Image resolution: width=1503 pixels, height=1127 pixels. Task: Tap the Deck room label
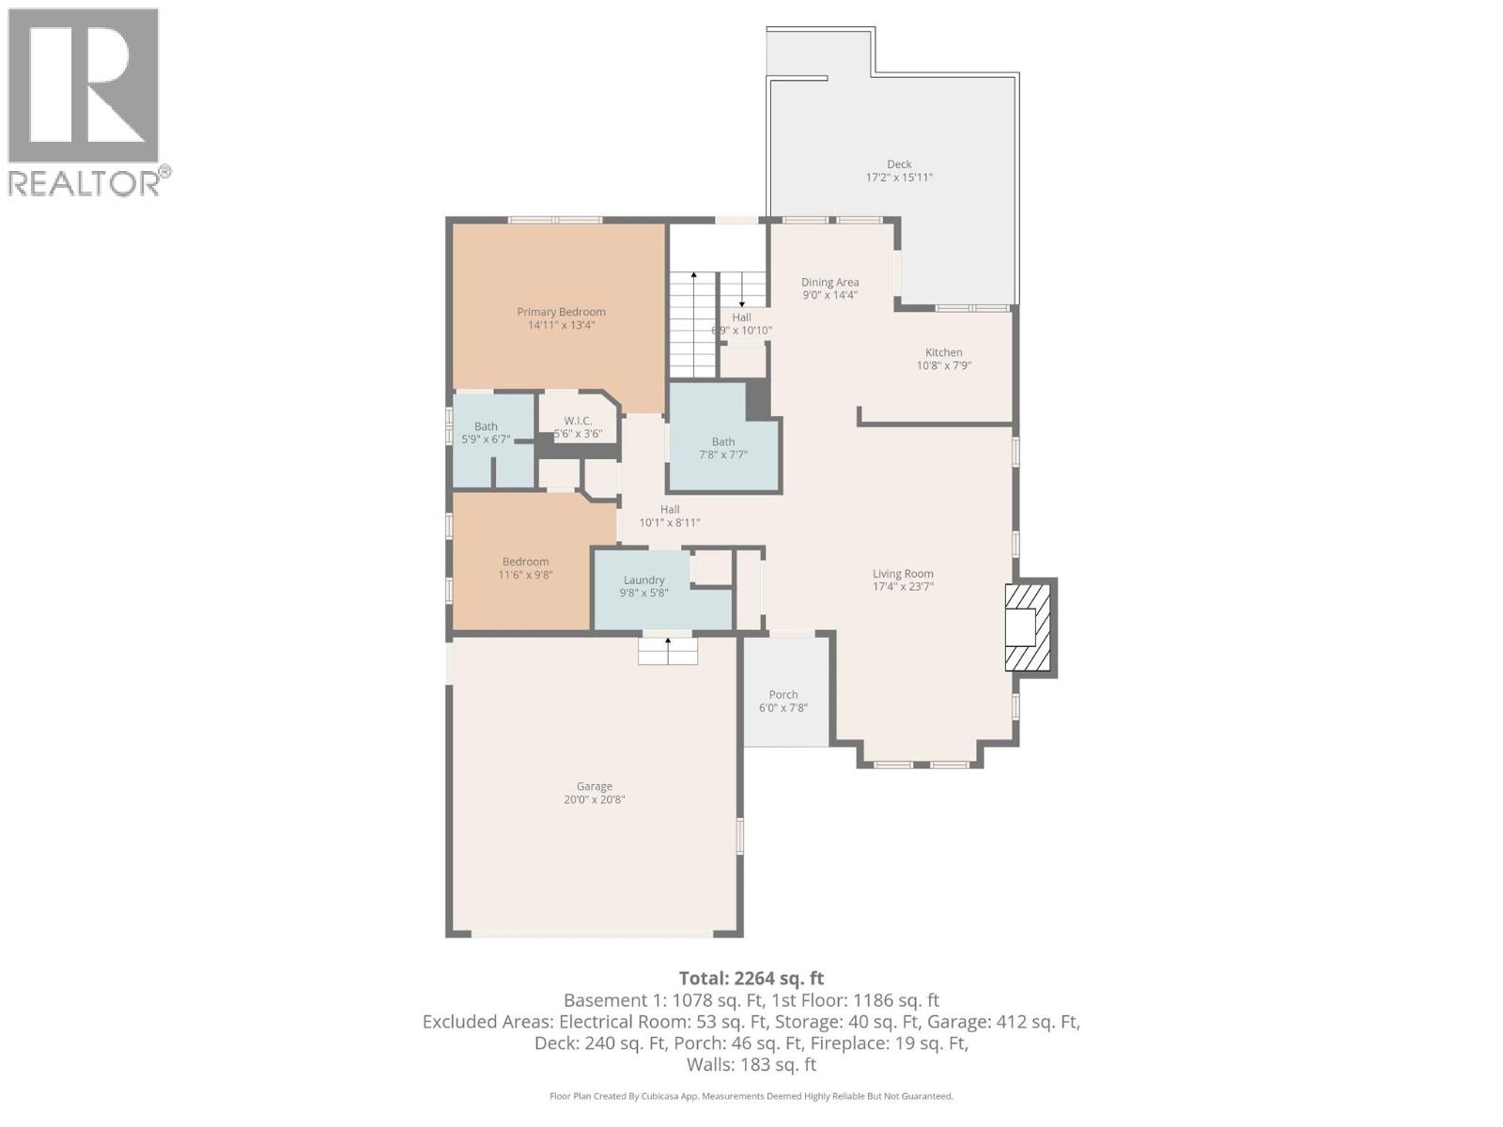pyautogui.click(x=899, y=164)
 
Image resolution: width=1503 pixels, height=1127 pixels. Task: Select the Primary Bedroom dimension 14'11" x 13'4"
pyautogui.click(x=561, y=325)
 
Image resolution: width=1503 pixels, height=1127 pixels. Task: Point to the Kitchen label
pyautogui.click(x=943, y=352)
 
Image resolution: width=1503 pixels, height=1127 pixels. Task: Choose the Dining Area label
pyautogui.click(x=829, y=282)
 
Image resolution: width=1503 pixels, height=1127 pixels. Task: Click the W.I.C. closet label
pyautogui.click(x=578, y=421)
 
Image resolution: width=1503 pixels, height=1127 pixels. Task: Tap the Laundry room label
pyautogui.click(x=643, y=580)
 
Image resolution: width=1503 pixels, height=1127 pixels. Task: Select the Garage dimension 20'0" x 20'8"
pyautogui.click(x=594, y=800)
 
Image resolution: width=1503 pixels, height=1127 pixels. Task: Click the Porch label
pyautogui.click(x=782, y=695)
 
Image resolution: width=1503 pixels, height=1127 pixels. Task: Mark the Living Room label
pyautogui.click(x=903, y=574)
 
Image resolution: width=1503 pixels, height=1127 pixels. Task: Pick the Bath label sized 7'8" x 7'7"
pyautogui.click(x=722, y=441)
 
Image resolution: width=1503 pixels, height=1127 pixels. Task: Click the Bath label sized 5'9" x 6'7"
pyautogui.click(x=486, y=426)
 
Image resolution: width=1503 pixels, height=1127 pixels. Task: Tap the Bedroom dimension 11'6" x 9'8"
pyautogui.click(x=525, y=575)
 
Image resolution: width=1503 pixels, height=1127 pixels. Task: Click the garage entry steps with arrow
pyautogui.click(x=668, y=651)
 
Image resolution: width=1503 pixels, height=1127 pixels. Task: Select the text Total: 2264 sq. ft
pyautogui.click(x=751, y=978)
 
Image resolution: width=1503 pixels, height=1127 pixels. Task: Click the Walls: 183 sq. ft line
pyautogui.click(x=751, y=1064)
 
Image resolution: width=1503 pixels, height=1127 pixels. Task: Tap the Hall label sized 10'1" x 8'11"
pyautogui.click(x=670, y=509)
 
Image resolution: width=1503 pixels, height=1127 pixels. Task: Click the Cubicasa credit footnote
pyautogui.click(x=751, y=1096)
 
